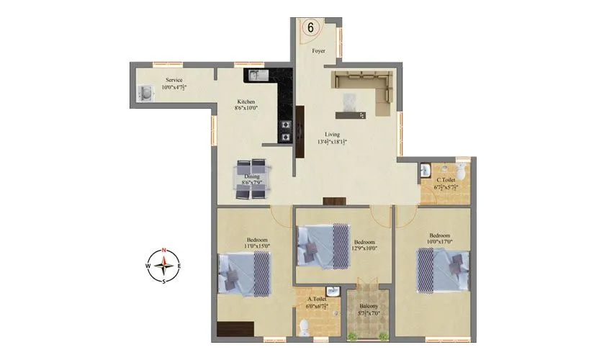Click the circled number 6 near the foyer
tap(311, 27)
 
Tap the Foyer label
tap(318, 52)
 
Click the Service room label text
tap(174, 79)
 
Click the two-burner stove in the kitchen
tap(286, 130)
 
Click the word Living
tap(332, 134)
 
